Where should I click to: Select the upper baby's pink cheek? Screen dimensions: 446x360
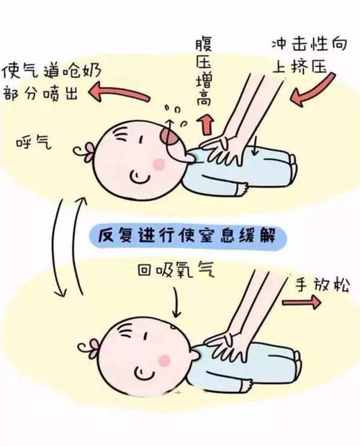158,164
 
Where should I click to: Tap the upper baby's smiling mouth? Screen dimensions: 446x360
142,175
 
